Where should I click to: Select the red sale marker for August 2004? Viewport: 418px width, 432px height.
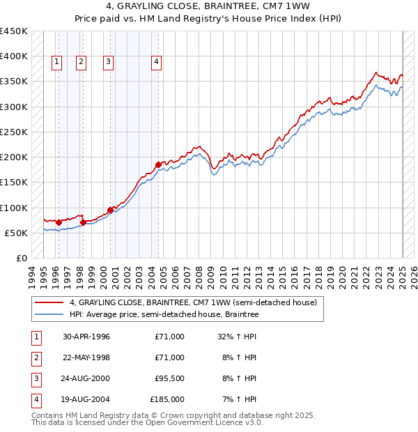(x=158, y=164)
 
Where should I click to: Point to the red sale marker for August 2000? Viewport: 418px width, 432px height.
(x=110, y=210)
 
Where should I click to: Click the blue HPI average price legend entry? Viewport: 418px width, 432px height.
(x=164, y=315)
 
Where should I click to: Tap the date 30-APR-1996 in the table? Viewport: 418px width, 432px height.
(x=86, y=337)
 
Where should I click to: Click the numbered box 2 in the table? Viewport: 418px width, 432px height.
(x=36, y=357)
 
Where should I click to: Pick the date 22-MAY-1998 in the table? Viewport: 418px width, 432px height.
(x=86, y=357)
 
